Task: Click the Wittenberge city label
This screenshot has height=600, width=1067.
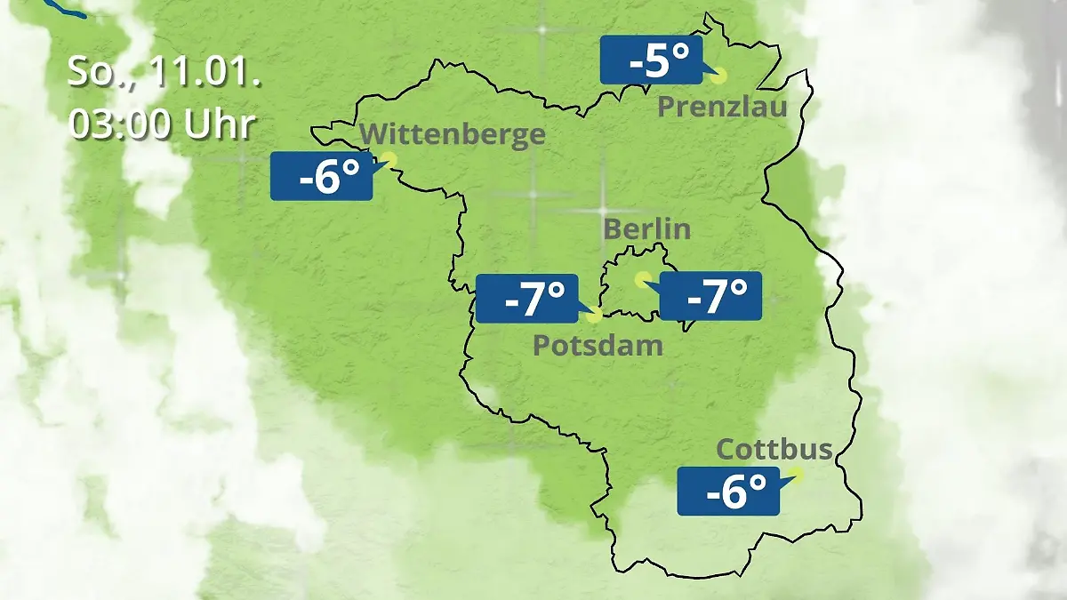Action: point(453,134)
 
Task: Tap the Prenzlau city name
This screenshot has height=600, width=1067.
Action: point(722,108)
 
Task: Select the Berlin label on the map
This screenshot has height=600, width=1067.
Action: point(646,228)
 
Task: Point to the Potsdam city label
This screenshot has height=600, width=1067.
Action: point(598,345)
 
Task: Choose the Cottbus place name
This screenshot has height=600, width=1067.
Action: point(774,449)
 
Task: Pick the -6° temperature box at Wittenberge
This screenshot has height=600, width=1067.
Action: point(321,176)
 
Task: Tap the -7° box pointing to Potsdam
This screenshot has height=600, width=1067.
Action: point(527,299)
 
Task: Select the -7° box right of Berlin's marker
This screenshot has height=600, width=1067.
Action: point(710,297)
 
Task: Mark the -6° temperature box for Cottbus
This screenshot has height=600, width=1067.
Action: point(728,491)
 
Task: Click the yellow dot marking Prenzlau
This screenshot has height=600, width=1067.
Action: point(718,76)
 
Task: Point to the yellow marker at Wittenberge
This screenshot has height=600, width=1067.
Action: point(389,159)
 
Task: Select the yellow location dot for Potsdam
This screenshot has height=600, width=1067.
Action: point(594,314)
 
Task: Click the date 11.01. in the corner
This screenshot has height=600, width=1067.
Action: point(204,73)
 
